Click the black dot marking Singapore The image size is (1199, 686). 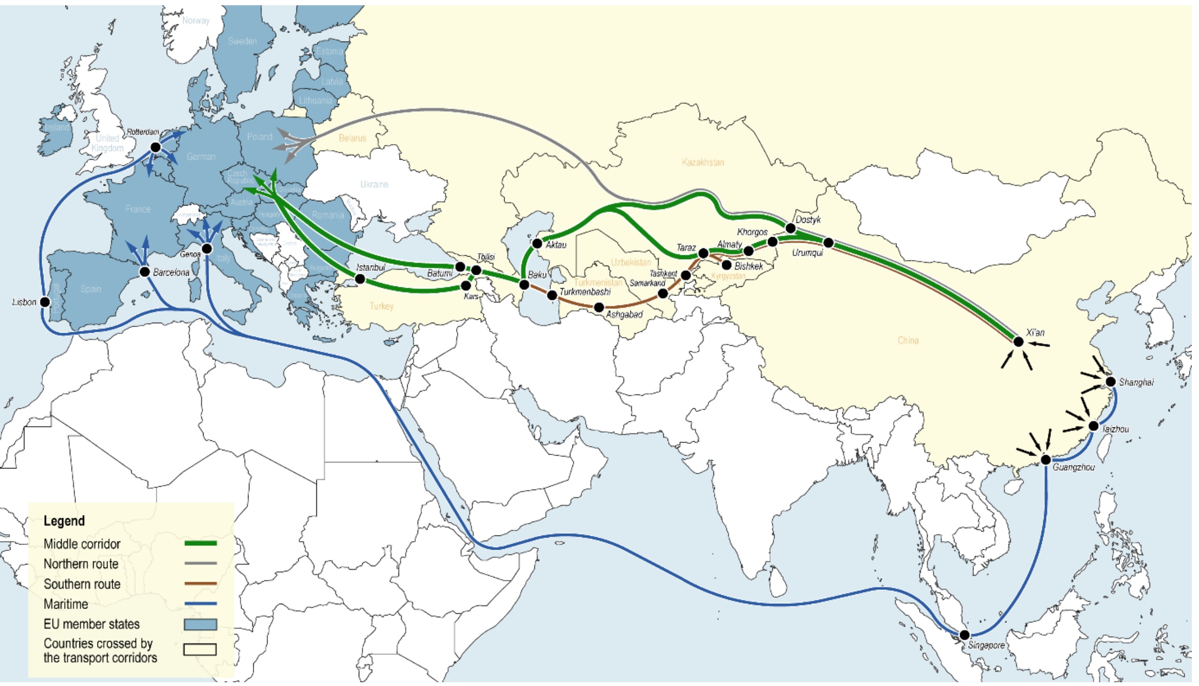pyautogui.click(x=964, y=635)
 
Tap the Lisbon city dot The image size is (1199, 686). pyautogui.click(x=45, y=302)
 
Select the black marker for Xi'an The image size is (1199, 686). pyautogui.click(x=1018, y=341)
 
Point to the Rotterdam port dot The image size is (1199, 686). pyautogui.click(x=155, y=147)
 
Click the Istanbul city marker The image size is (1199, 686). pyautogui.click(x=360, y=279)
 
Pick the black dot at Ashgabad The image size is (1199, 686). pyautogui.click(x=599, y=307)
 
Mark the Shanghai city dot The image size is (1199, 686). pyautogui.click(x=1111, y=381)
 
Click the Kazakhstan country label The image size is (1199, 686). pyautogui.click(x=702, y=163)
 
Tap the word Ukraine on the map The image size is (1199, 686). pyautogui.click(x=374, y=185)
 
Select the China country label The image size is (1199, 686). pyautogui.click(x=908, y=340)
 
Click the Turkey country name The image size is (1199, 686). pyautogui.click(x=381, y=306)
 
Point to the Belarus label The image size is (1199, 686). pyautogui.click(x=352, y=138)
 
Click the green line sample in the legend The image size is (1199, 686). pyautogui.click(x=200, y=543)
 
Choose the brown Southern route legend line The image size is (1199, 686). pyautogui.click(x=200, y=583)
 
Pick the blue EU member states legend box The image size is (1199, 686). pyautogui.click(x=200, y=624)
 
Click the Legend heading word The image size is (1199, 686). pyautogui.click(x=64, y=521)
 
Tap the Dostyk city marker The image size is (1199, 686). pyautogui.click(x=790, y=229)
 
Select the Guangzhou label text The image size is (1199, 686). pyautogui.click(x=1073, y=468)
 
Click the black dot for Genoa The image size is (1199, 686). pyautogui.click(x=207, y=248)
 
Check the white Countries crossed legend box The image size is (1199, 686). pyautogui.click(x=200, y=650)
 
